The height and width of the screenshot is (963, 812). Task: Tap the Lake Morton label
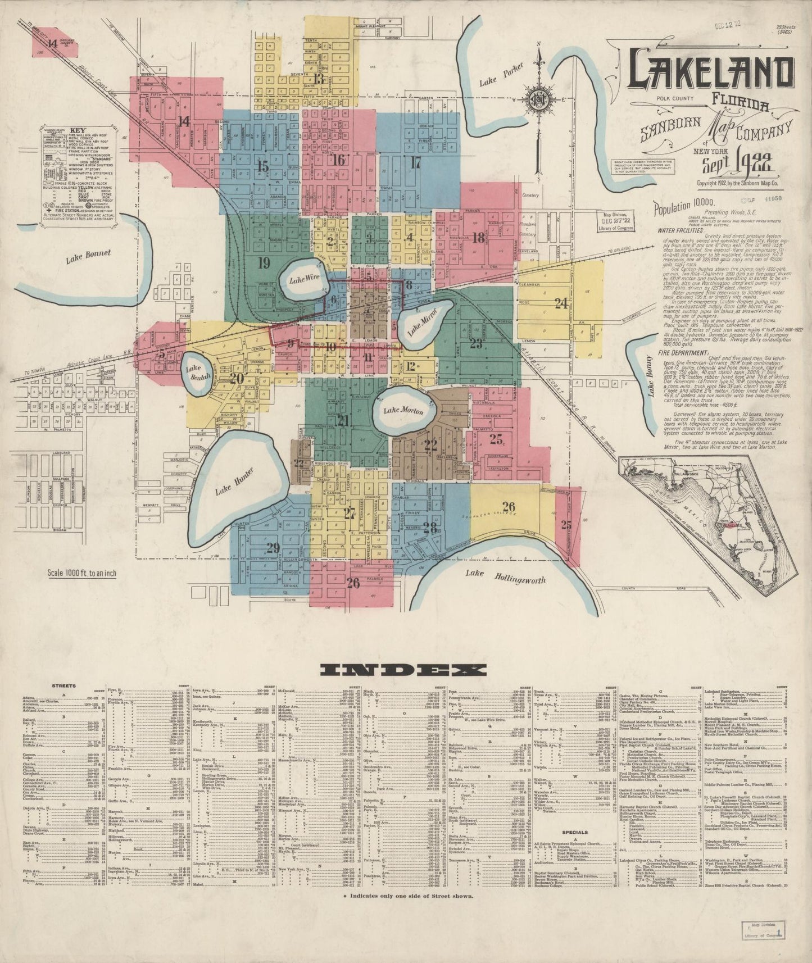tap(403, 411)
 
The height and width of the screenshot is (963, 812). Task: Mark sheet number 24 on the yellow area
tap(561, 303)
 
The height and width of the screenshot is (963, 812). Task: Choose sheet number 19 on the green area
tap(265, 262)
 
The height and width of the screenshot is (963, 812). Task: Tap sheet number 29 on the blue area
tap(273, 548)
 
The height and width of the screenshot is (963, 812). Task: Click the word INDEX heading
tap(402, 669)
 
